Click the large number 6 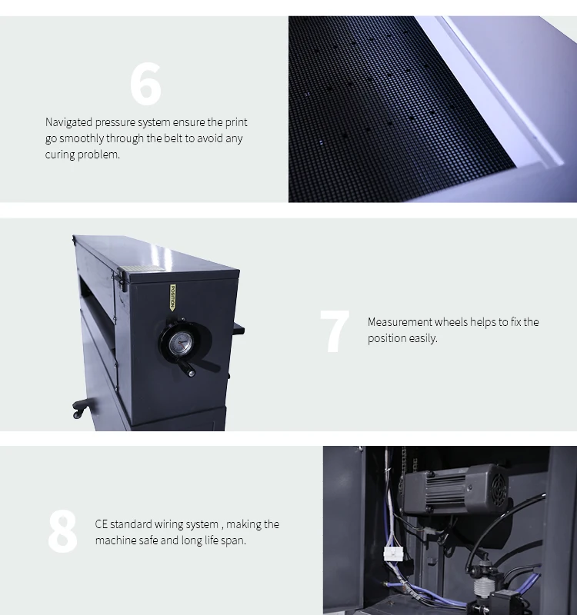coord(145,85)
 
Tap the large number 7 coord(335,331)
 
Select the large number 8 coord(63,531)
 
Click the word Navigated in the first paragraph coord(68,122)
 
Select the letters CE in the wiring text coord(102,524)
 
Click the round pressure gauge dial coord(181,343)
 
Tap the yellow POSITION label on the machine coord(172,298)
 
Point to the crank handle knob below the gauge coord(191,373)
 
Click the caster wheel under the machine coord(78,413)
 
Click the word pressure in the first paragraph coord(115,122)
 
